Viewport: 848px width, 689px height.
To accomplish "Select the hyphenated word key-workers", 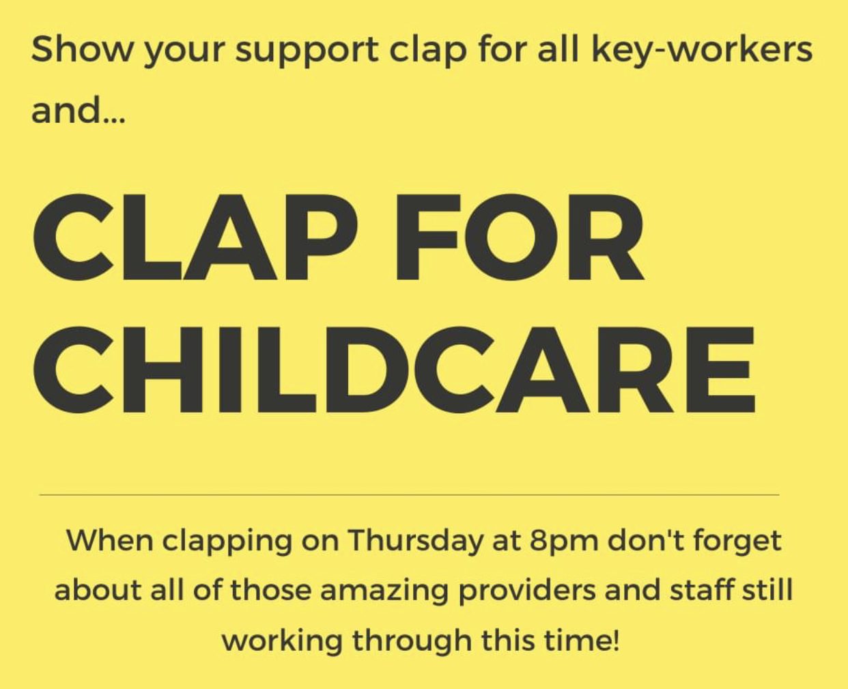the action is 702,52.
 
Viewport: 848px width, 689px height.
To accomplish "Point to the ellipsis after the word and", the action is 115,119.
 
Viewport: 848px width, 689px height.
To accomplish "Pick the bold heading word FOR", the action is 518,237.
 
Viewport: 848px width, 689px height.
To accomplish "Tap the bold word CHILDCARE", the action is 394,369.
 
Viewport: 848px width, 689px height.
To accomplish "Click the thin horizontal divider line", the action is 409,495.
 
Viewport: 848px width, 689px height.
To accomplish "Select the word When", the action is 110,541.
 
